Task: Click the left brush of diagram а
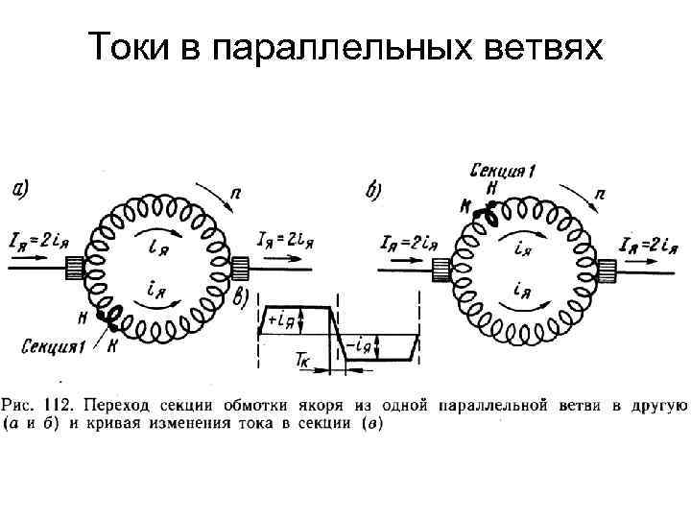click(72, 270)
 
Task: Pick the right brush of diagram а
click(241, 270)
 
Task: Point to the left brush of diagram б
click(441, 272)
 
